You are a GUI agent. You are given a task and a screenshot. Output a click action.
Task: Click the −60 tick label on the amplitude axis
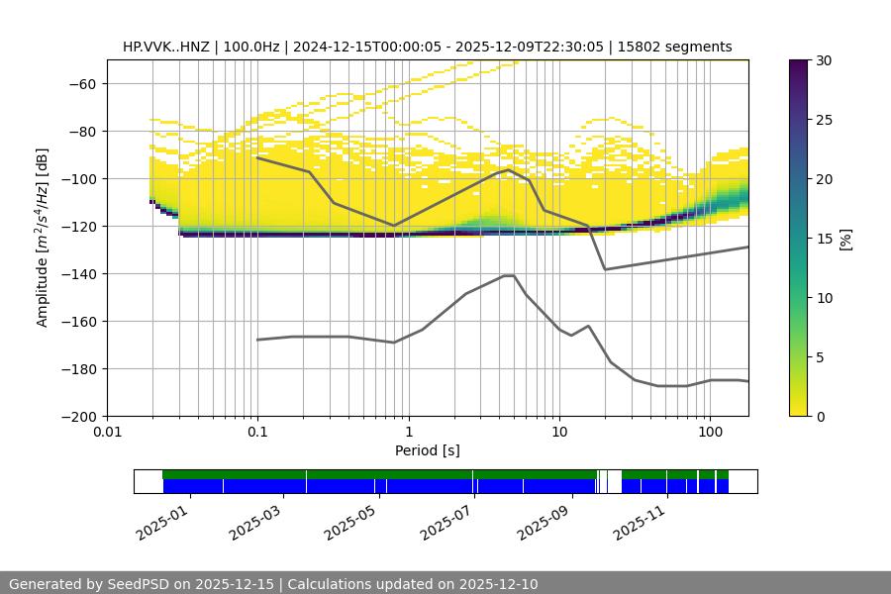click(x=82, y=83)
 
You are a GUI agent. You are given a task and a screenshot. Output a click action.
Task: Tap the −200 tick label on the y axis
click(x=78, y=416)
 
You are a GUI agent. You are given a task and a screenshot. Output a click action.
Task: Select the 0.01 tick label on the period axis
click(x=107, y=433)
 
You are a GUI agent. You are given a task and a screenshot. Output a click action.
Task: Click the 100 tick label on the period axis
click(x=709, y=433)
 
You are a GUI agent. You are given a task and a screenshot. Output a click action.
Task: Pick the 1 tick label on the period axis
click(x=408, y=433)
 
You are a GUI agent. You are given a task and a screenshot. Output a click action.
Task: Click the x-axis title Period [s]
click(x=428, y=450)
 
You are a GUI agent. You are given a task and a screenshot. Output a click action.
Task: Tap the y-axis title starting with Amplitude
click(x=43, y=238)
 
